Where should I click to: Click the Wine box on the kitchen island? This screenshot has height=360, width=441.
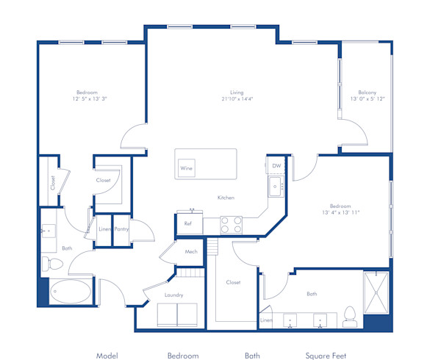click(x=187, y=168)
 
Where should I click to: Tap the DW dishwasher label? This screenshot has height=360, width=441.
click(x=276, y=167)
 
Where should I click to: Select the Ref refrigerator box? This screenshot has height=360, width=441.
click(x=187, y=223)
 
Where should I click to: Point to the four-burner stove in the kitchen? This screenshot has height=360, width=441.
click(x=232, y=224)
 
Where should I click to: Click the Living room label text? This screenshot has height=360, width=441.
click(x=236, y=93)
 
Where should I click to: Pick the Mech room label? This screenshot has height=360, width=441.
click(x=191, y=252)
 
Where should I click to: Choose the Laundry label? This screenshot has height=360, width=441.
click(x=173, y=295)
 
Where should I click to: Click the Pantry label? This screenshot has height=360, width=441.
click(x=121, y=229)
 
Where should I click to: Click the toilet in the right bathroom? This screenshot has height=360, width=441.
click(x=350, y=315)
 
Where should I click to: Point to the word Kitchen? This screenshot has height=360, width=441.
click(x=226, y=198)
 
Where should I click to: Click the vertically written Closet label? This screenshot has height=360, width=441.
click(x=53, y=182)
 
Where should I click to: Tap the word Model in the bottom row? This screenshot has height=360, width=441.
click(x=107, y=355)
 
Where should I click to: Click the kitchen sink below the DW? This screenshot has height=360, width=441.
click(x=276, y=188)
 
